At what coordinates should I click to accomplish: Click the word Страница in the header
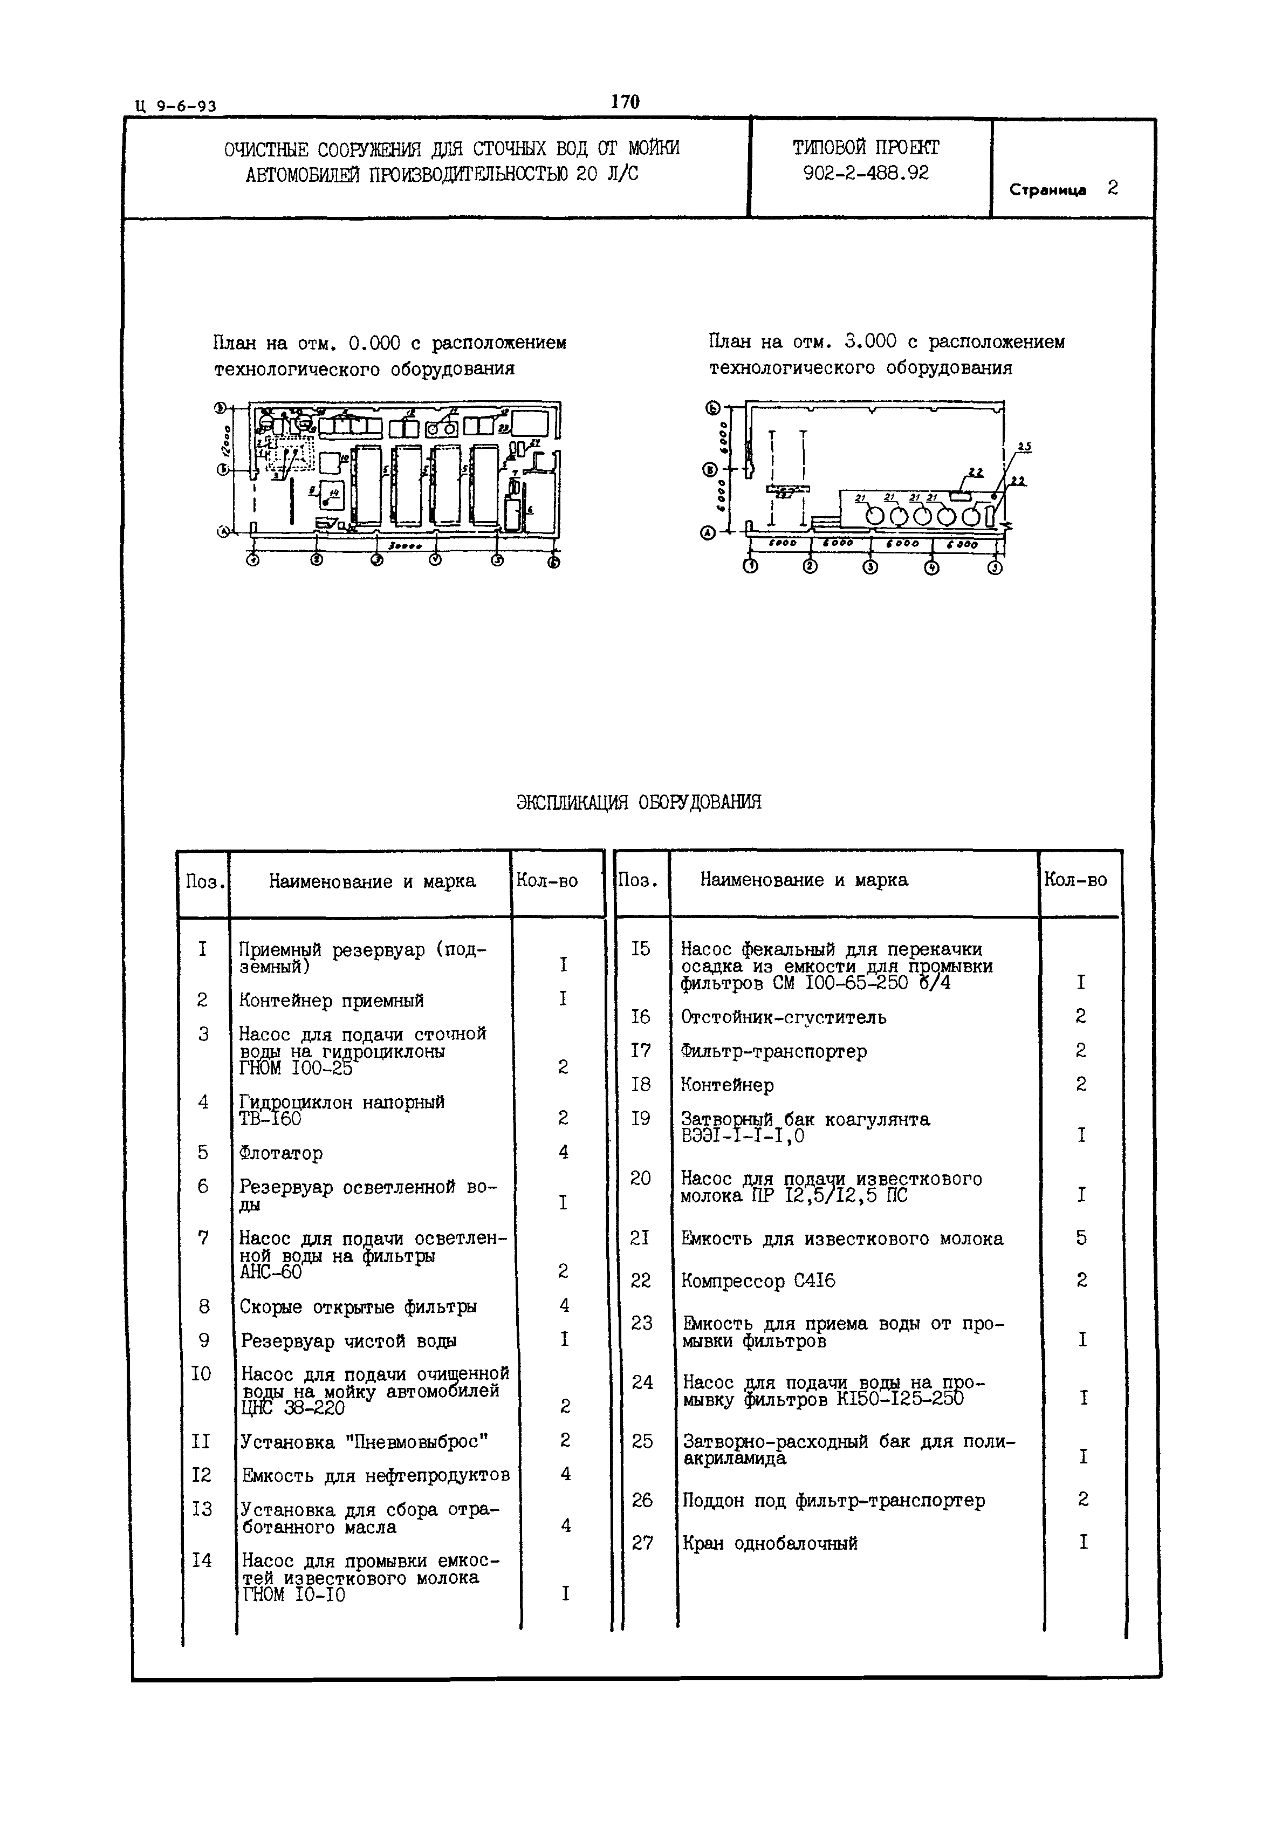(x=1047, y=190)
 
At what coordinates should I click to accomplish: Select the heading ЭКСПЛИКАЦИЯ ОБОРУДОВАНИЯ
(x=638, y=802)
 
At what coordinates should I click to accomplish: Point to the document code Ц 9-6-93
(x=176, y=106)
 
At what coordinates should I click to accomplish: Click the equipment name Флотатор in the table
(x=280, y=1153)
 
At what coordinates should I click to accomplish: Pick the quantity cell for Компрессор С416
(x=1081, y=1280)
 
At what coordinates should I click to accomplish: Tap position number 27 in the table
(x=642, y=1543)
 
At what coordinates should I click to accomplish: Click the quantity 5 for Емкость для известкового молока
(x=1081, y=1237)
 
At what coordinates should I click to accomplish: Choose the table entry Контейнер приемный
(x=331, y=1000)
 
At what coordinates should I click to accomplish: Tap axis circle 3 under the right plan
(x=870, y=567)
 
